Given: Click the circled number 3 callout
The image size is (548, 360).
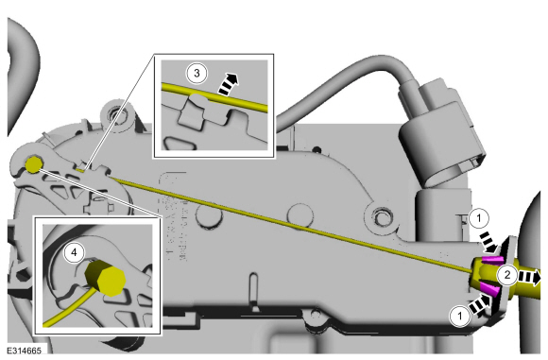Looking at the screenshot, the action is (197, 74).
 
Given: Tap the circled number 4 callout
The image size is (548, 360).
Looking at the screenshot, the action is (74, 252).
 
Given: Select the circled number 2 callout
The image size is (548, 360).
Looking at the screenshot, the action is (507, 275).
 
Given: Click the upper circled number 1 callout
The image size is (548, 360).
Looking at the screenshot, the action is (479, 218).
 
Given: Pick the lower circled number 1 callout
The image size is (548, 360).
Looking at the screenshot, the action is (460, 316).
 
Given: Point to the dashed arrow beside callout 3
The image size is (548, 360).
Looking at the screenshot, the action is (229, 84).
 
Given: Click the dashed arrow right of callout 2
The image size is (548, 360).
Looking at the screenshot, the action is (529, 277).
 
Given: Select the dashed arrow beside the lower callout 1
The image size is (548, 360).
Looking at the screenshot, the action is (479, 303).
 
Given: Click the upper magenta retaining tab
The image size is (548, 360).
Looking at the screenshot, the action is (493, 259).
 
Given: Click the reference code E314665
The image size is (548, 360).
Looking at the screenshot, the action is (25, 351).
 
